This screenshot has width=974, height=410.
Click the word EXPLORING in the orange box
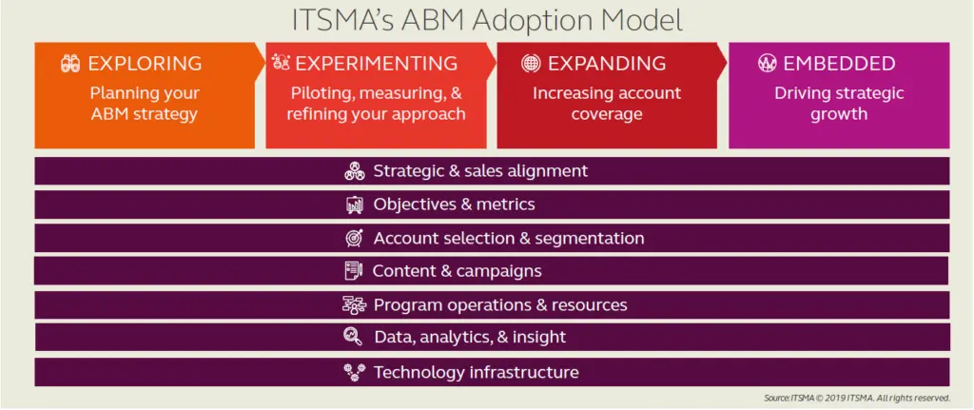pyautogui.click(x=145, y=64)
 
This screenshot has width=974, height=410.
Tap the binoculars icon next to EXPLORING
pyautogui.click(x=70, y=64)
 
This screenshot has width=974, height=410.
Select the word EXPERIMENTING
pyautogui.click(x=376, y=64)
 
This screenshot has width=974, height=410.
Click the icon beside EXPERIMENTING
pyautogui.click(x=282, y=62)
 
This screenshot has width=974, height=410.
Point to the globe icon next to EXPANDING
pyautogui.click(x=531, y=64)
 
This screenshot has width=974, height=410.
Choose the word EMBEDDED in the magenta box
pyautogui.click(x=839, y=64)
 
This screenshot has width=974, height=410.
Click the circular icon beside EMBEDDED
pyautogui.click(x=768, y=64)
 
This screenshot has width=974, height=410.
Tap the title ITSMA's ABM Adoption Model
pyautogui.click(x=487, y=20)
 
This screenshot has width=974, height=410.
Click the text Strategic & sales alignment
pyautogui.click(x=480, y=171)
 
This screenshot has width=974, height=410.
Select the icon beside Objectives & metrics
pyautogui.click(x=355, y=205)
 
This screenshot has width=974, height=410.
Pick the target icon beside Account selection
pyautogui.click(x=355, y=238)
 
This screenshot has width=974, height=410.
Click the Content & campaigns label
pyautogui.click(x=457, y=271)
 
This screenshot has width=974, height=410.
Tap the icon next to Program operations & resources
pyautogui.click(x=355, y=305)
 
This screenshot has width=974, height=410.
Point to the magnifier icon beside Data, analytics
pyautogui.click(x=353, y=337)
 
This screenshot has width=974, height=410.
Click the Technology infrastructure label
pyautogui.click(x=476, y=373)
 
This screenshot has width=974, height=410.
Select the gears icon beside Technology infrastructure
pyautogui.click(x=354, y=372)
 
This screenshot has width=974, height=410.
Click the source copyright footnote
pyautogui.click(x=857, y=398)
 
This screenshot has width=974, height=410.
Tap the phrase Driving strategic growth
pyautogui.click(x=839, y=104)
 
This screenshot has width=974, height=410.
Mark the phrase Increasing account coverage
pyautogui.click(x=607, y=104)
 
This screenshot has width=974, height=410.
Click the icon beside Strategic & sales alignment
pyautogui.click(x=355, y=171)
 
